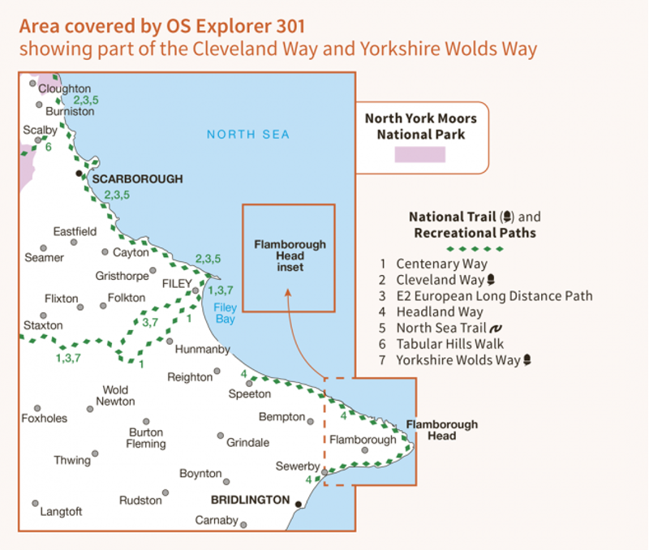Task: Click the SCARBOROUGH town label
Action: pos(137,178)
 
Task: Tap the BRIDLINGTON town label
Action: pos(250,500)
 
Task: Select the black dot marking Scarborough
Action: pos(79,174)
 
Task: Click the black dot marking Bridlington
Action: pos(299,505)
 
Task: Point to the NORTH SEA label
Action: pos(247,135)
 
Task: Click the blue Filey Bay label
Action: pos(225,313)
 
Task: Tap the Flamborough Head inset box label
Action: pos(290,256)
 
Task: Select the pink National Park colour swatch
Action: pos(419,155)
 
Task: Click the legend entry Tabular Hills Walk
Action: pos(449,344)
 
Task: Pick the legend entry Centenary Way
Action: pos(441,264)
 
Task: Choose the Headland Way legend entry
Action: pos(439,312)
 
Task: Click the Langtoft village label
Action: pos(62,512)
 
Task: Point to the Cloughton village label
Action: pos(65,88)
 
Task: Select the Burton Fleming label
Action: pos(146,438)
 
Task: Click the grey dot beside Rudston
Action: pos(165,492)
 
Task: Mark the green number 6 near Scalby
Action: pos(49,147)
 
